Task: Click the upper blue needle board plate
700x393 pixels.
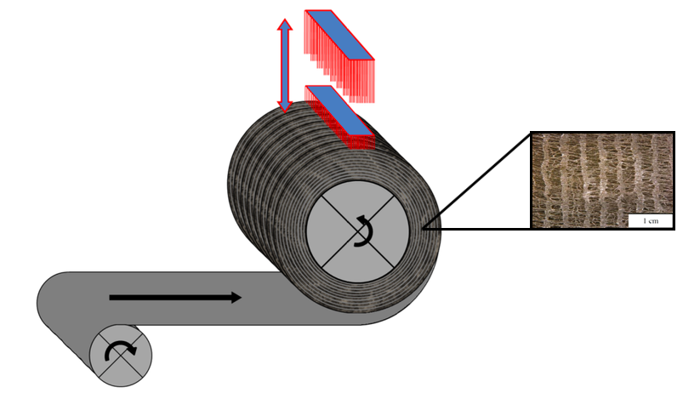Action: [x=339, y=34]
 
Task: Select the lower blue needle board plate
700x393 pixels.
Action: [x=339, y=109]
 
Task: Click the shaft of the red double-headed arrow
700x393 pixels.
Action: [x=286, y=65]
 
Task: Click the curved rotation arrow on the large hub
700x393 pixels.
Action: [x=364, y=231]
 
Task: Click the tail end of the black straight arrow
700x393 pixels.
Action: [x=112, y=297]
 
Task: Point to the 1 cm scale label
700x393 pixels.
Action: [x=651, y=220]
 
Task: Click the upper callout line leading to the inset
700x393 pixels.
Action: [x=476, y=179]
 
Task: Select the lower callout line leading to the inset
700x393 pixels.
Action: [x=476, y=228]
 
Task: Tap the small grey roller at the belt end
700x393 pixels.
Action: [x=121, y=356]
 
